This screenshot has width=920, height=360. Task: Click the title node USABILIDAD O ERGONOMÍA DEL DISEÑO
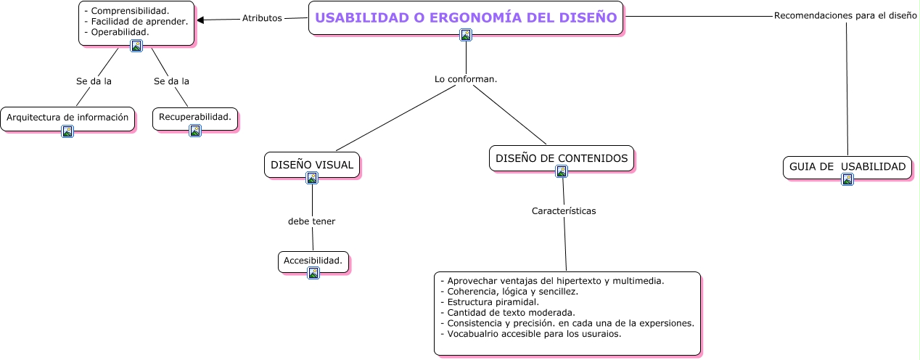[466, 17]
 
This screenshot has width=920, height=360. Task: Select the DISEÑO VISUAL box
[312, 165]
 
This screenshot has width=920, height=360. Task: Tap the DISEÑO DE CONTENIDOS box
[561, 157]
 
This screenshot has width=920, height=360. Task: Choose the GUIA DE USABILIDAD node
[847, 166]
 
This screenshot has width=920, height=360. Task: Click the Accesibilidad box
[313, 261]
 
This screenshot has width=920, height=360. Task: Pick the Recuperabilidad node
[194, 117]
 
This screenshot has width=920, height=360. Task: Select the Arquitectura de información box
[67, 117]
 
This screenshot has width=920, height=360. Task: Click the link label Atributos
[262, 18]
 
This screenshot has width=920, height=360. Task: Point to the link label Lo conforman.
[465, 78]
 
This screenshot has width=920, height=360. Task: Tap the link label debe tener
[311, 221]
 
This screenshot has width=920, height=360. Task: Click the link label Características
[564, 211]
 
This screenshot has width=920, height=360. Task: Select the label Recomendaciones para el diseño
[845, 15]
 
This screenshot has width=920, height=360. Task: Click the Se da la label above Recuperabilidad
[171, 81]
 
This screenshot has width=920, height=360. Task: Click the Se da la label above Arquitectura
[94, 81]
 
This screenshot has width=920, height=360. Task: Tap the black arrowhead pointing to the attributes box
[201, 20]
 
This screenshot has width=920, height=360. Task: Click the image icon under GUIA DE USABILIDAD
[847, 179]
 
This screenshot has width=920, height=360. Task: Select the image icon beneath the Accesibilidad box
[313, 273]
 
